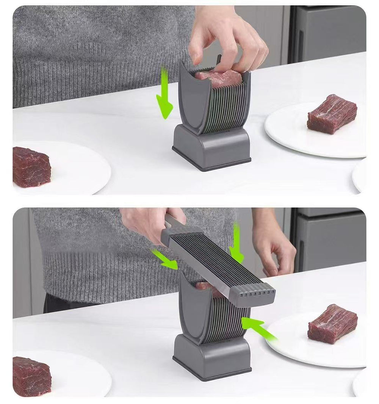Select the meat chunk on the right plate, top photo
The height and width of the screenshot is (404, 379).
click(x=332, y=114)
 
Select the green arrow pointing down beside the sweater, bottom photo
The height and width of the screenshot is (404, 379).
click(x=236, y=243)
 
